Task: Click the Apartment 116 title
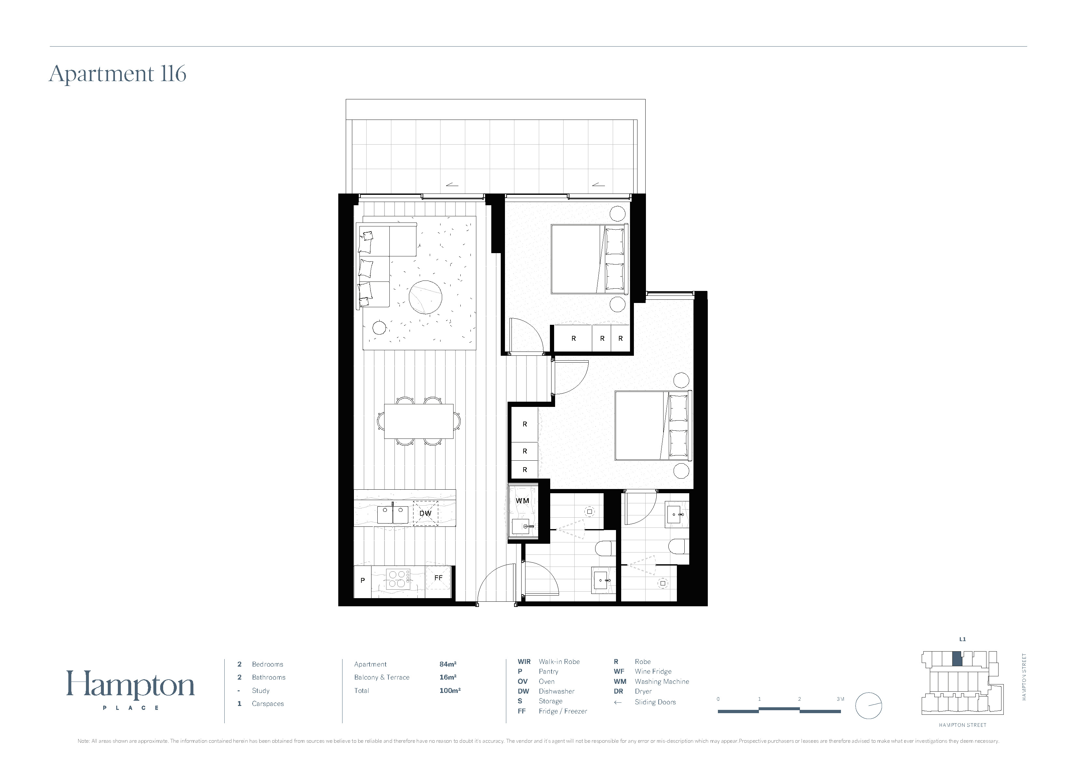pyautogui.click(x=118, y=74)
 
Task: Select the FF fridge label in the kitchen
pyautogui.click(x=439, y=578)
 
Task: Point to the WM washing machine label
pyautogui.click(x=522, y=500)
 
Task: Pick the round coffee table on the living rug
pyautogui.click(x=426, y=297)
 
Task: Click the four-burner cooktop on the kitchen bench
pyautogui.click(x=397, y=579)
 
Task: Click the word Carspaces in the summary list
pyautogui.click(x=268, y=704)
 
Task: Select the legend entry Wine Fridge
pyautogui.click(x=653, y=672)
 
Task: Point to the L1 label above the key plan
pyautogui.click(x=962, y=639)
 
